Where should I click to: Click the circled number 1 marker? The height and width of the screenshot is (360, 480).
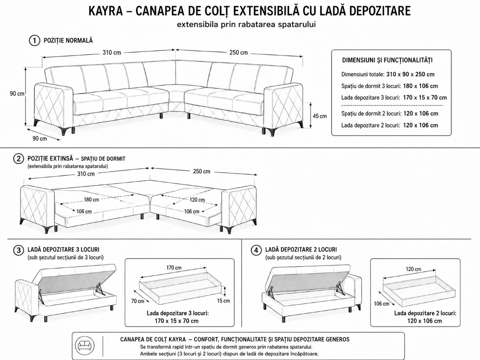pos(34,41)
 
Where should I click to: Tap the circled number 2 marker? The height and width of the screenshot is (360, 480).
pos(19,159)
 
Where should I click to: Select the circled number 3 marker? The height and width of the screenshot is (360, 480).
pos(19,250)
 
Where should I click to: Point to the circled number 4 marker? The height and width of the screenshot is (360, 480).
pos(256,250)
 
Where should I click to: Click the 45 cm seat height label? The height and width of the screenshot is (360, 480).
pos(320,116)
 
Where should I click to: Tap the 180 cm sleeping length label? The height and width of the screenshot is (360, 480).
pos(91,200)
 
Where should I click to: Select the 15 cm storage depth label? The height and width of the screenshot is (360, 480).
pos(223,301)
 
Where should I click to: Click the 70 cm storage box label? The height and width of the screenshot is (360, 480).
pos(138,301)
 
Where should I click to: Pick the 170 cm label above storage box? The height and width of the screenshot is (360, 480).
pos(174,268)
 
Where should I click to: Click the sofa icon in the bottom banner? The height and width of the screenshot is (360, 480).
pos(85,345)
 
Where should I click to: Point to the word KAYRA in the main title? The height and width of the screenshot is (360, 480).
pos(106,11)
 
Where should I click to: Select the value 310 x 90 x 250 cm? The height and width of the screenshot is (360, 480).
pos(410,74)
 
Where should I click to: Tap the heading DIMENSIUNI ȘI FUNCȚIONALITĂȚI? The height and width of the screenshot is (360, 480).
pos(387,60)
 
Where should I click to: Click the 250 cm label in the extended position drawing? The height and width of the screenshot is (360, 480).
pos(202,171)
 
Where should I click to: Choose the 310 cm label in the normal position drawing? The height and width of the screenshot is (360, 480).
pos(112,52)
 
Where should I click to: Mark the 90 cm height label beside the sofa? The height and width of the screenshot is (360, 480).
pos(17,93)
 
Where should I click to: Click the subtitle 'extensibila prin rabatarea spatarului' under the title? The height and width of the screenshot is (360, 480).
pos(246,25)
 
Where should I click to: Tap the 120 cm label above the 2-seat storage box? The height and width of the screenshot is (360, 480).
pos(413,269)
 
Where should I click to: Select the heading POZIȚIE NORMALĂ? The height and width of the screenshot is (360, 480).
pos(68,41)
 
